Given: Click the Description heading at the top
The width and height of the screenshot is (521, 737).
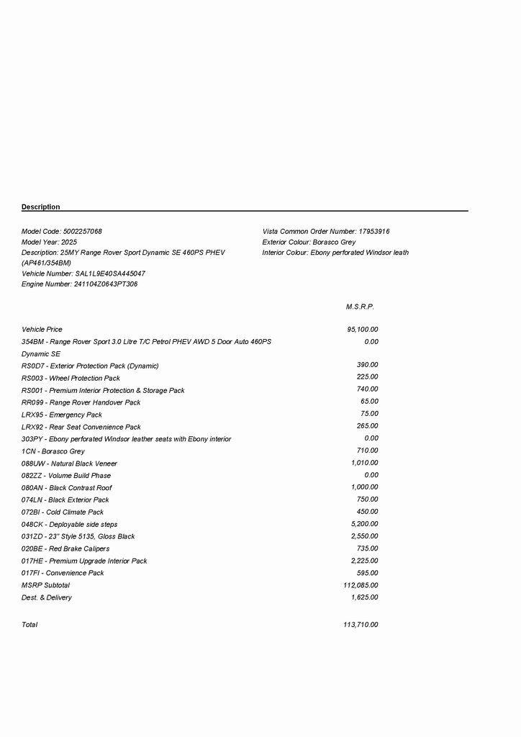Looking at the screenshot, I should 40,207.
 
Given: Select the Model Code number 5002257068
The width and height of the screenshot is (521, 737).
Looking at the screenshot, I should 83,232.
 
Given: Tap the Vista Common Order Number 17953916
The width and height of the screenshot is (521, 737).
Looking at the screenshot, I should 373,232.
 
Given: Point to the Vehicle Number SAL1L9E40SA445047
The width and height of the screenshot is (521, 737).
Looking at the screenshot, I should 110,274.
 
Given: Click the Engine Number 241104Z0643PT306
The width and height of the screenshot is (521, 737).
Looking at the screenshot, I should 106,284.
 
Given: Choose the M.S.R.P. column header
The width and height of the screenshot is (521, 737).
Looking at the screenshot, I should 360,307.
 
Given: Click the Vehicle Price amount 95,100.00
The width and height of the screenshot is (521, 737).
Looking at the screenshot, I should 362,330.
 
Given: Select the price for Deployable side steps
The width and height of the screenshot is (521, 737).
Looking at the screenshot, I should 364,524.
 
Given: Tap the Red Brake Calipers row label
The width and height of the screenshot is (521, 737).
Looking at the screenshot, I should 65,549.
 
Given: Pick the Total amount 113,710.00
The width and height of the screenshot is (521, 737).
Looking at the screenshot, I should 361,625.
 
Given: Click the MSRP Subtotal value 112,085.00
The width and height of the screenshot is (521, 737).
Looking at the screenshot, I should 361,585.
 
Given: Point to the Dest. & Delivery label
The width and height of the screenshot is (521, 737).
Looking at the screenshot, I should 47,598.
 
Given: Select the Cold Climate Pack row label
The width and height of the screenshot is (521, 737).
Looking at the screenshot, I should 63,512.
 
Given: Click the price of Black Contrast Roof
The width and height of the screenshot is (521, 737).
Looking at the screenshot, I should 364,487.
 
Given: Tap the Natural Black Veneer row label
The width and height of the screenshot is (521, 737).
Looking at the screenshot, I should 69,464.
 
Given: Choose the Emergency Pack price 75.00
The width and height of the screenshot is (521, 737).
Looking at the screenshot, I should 369,414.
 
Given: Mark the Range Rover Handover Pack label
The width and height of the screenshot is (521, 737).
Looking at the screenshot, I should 81,403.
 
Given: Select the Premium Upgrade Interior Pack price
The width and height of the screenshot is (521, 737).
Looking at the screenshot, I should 364,561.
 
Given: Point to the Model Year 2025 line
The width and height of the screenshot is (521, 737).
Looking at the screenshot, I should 49,243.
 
